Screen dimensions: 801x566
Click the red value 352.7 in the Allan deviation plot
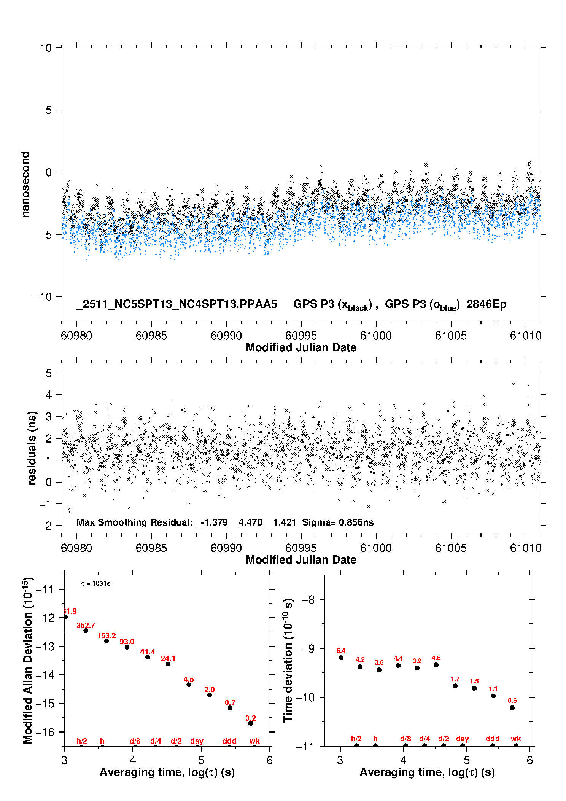[86, 625]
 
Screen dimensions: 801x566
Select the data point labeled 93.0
[127, 647]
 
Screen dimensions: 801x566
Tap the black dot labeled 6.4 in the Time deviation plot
[341, 658]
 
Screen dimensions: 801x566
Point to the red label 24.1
[168, 658]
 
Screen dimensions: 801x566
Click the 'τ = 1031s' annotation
[96, 584]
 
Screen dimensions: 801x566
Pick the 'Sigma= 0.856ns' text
[338, 522]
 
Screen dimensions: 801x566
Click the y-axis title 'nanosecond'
[25, 185]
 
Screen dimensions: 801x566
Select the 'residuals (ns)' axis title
[32, 448]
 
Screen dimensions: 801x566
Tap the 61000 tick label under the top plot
[376, 336]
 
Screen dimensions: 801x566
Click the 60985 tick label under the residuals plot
[151, 548]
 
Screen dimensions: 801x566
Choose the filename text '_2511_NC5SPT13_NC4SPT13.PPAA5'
[177, 304]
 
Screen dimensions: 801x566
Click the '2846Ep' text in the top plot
[487, 304]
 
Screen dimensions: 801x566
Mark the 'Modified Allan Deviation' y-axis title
[28, 660]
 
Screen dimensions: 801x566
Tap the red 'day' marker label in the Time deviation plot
[463, 739]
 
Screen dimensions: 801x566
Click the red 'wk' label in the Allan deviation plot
[254, 741]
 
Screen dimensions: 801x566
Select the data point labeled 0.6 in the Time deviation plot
[512, 708]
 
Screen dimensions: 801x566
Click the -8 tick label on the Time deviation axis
[308, 600]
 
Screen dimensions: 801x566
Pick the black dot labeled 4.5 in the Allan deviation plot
[189, 685]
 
